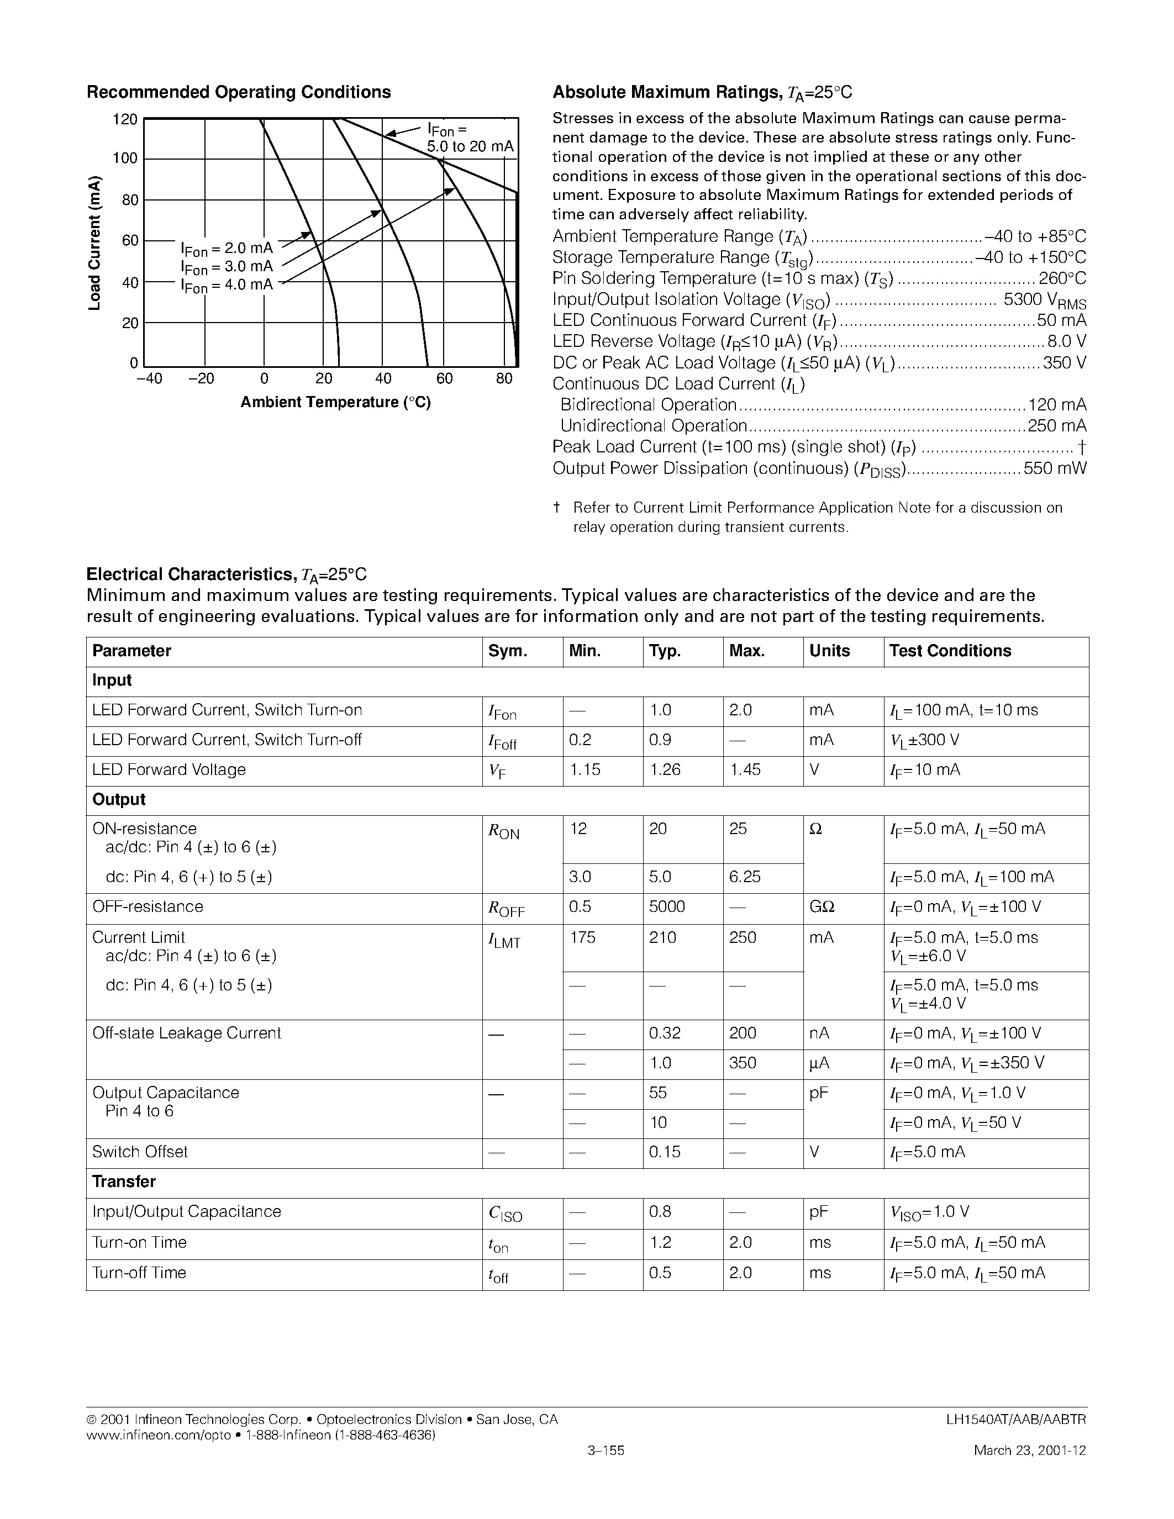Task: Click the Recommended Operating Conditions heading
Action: tap(239, 92)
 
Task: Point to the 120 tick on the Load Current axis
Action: tap(125, 120)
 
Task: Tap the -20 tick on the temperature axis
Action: tap(202, 378)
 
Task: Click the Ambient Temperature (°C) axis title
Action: tap(336, 403)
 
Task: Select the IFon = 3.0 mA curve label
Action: tap(227, 267)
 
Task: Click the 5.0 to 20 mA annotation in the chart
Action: tap(470, 147)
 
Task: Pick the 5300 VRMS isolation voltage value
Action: tap(1045, 300)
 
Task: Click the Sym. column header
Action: tap(508, 651)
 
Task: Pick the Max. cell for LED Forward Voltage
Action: tap(745, 770)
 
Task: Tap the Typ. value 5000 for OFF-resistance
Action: tap(666, 907)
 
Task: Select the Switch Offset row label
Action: tap(140, 1152)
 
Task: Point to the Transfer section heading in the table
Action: tap(124, 1182)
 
